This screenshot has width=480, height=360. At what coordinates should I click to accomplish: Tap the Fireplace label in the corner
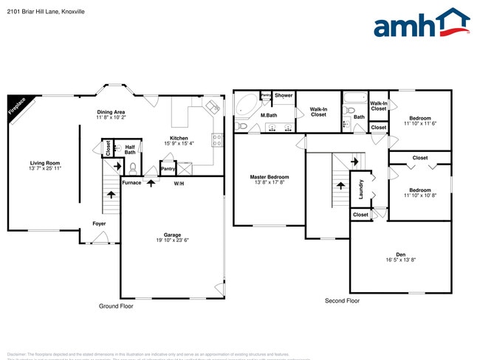point(17,106)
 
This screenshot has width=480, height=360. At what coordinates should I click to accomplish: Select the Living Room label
point(45,163)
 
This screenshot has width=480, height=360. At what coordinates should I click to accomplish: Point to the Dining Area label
point(111,112)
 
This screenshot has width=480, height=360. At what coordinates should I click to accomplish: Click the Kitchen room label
point(179,138)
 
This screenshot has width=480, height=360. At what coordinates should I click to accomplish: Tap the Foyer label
point(98,223)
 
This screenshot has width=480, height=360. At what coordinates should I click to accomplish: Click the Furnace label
point(131,182)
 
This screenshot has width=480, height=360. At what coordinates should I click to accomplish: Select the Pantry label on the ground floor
point(168,168)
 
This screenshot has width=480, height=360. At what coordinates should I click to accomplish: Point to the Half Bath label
point(130,149)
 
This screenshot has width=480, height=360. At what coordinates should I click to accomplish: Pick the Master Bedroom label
point(269,177)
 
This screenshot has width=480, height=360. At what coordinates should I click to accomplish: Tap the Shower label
point(284,95)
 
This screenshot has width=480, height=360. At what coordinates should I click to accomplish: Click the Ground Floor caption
point(116,305)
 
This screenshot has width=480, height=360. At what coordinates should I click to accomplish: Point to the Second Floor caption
point(342,301)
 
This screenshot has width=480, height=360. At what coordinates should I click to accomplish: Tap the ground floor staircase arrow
point(112,195)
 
